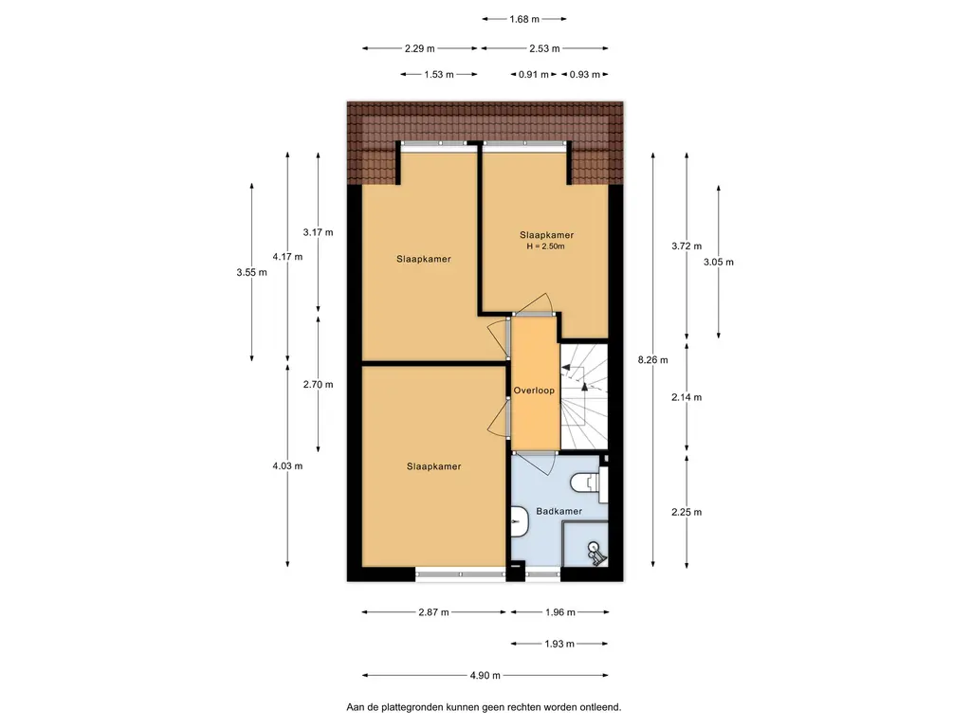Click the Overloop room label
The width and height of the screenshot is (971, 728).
click(534, 391)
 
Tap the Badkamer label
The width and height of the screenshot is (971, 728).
click(559, 511)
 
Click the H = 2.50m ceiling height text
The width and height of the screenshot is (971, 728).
click(545, 246)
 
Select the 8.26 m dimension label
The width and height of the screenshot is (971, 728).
click(652, 359)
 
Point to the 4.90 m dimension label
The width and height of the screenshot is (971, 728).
click(485, 675)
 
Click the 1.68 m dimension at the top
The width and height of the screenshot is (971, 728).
click(524, 19)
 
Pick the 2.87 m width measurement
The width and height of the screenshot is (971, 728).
click(433, 612)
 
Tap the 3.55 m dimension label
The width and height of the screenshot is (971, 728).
click(251, 272)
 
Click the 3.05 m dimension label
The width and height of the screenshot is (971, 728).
click(719, 262)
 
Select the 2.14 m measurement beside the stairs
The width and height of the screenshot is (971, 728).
click(687, 397)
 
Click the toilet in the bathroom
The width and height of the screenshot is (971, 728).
click(588, 483)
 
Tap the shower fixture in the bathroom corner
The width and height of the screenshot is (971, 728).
click(595, 554)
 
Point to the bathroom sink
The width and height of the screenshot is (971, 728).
click(519, 521)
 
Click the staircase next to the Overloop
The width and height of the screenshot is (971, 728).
click(584, 397)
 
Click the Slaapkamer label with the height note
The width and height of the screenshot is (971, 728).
click(547, 235)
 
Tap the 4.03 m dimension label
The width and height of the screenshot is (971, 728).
click(287, 466)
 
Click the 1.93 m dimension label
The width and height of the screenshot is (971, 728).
click(559, 644)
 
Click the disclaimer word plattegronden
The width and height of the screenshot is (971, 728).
click(413, 707)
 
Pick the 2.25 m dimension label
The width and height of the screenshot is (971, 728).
click(687, 512)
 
